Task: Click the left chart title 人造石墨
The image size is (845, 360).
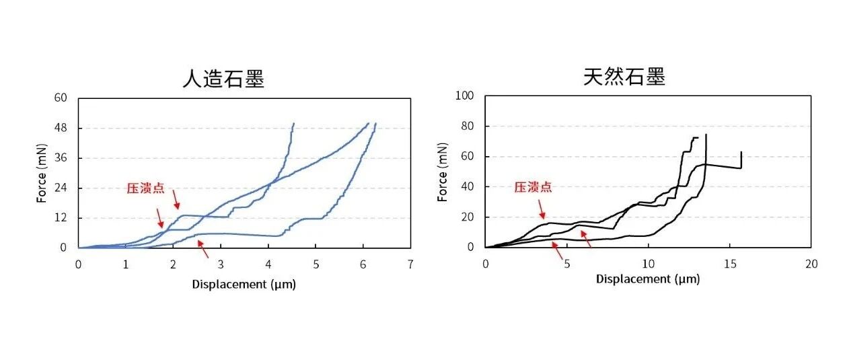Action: pyautogui.click(x=223, y=79)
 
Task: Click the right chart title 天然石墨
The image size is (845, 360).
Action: pyautogui.click(x=624, y=77)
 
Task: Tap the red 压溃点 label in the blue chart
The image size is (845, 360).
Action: pyautogui.click(x=145, y=188)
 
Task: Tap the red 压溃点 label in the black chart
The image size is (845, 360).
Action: pyautogui.click(x=533, y=187)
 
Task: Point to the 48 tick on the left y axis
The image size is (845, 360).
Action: pyautogui.click(x=61, y=128)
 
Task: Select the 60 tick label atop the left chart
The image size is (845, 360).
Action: pyautogui.click(x=61, y=98)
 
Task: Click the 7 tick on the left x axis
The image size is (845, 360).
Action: pyautogui.click(x=410, y=264)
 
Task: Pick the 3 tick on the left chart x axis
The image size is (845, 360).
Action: pyautogui.click(x=221, y=264)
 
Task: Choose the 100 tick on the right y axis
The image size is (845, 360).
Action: pyautogui.click(x=464, y=96)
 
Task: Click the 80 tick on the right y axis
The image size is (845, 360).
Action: pyautogui.click(x=468, y=126)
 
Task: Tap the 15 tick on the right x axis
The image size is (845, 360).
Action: pyautogui.click(x=731, y=264)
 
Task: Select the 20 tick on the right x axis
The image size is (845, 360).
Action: pyautogui.click(x=811, y=264)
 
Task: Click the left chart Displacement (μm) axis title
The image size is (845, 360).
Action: pyautogui.click(x=244, y=284)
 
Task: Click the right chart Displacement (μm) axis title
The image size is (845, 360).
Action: pyautogui.click(x=648, y=279)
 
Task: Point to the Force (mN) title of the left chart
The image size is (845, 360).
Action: pyautogui.click(x=42, y=173)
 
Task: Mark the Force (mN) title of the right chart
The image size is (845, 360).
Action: pyautogui.click(x=443, y=172)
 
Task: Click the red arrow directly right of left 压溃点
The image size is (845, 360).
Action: pyautogui.click(x=176, y=200)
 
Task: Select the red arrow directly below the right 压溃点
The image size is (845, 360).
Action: pyautogui.click(x=542, y=209)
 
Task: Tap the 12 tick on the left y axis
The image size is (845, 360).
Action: pyautogui.click(x=61, y=218)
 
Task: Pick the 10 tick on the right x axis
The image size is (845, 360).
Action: pyautogui.click(x=649, y=264)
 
